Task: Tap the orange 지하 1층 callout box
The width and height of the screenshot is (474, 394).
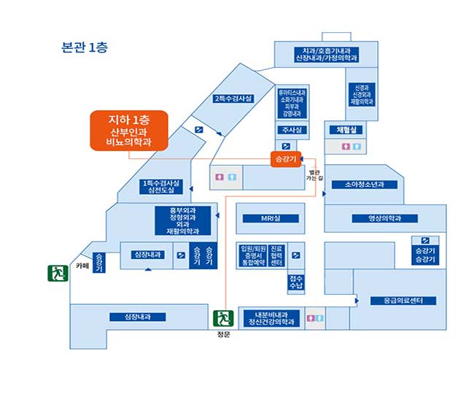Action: pyautogui.click(x=129, y=131)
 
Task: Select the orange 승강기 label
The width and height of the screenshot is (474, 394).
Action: pyautogui.click(x=285, y=158)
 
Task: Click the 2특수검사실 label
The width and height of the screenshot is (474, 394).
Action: pyautogui.click(x=233, y=98)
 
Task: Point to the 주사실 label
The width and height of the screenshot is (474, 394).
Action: pyautogui.click(x=290, y=130)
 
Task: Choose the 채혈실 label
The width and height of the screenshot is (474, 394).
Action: pyautogui.click(x=346, y=130)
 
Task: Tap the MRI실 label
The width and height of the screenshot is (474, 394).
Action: pyautogui.click(x=271, y=218)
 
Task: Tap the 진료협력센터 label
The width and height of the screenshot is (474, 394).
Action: pyautogui.click(x=276, y=255)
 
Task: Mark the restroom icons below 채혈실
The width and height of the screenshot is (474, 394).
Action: pyautogui.click(x=352, y=147)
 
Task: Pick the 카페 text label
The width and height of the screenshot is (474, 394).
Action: pyautogui.click(x=82, y=266)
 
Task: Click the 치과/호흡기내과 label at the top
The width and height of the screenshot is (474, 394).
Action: pyautogui.click(x=327, y=54)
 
